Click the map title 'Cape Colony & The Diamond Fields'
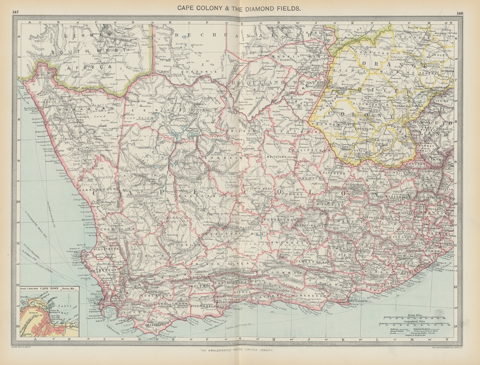click(236, 8)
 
